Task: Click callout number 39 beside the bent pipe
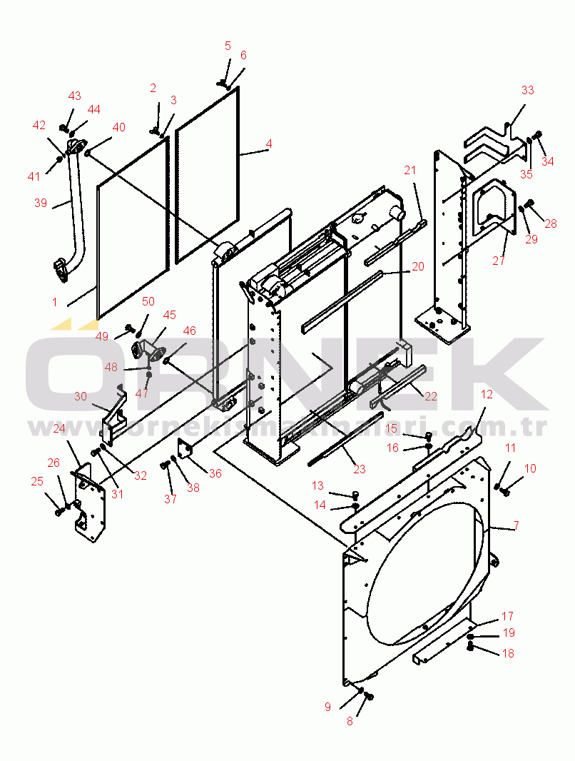40,202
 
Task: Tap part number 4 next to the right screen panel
268,143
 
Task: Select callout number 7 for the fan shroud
516,525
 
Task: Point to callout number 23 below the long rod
360,469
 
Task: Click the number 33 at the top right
527,90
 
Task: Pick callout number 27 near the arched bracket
499,261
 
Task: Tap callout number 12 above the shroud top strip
487,394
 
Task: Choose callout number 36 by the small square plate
215,473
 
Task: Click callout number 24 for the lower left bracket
59,428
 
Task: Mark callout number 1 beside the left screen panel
55,302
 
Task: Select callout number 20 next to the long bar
418,266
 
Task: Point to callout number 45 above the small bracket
169,315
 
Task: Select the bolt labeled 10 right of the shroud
507,492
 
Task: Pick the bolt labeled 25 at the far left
59,512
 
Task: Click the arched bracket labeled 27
494,206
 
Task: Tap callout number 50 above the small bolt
148,301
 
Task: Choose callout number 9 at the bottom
327,707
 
